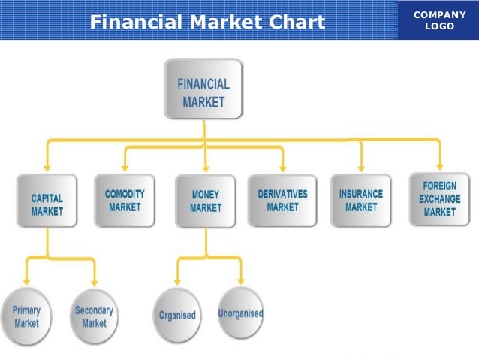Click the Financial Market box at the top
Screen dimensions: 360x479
point(203,89)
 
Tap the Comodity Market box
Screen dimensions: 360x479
point(125,200)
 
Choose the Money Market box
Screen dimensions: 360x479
point(206,201)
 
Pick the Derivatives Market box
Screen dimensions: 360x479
point(282,200)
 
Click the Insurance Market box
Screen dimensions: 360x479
point(361,200)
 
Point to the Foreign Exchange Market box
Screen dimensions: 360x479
point(439,199)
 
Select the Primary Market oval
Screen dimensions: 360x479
point(27,316)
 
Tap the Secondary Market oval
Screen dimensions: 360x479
point(94,316)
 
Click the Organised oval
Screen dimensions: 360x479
point(176,316)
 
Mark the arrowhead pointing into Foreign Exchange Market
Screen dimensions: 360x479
point(440,165)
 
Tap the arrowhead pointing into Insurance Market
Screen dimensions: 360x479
point(361,165)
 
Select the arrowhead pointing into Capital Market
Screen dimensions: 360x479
point(47,167)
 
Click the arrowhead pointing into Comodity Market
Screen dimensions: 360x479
point(125,167)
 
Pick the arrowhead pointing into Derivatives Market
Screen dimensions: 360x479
point(282,167)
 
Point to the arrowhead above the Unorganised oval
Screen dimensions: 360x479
point(241,280)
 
